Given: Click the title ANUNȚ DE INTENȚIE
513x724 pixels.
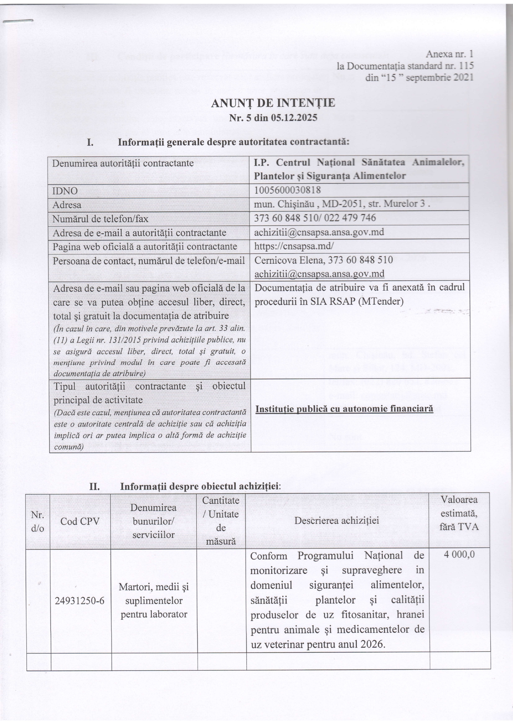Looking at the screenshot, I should (x=273, y=103).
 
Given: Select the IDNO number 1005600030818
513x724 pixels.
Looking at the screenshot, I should (x=288, y=190).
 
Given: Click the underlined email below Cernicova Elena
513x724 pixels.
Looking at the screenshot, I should (x=319, y=274).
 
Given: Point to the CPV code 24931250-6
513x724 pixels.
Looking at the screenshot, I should (x=80, y=601).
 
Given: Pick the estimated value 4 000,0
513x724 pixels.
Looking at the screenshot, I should (x=459, y=554).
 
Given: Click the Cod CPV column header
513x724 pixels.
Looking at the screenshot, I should (x=80, y=521).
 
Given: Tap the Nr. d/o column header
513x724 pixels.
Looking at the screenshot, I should (x=38, y=521).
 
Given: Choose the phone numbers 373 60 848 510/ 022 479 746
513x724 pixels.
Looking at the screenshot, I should (x=315, y=218).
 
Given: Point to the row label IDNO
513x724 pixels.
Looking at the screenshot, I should (x=65, y=191).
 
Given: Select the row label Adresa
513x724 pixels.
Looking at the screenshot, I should (x=67, y=205).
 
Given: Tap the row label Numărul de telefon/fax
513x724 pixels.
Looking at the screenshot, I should (x=100, y=218).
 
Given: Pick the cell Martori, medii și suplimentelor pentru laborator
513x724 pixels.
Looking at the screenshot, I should (x=154, y=600).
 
